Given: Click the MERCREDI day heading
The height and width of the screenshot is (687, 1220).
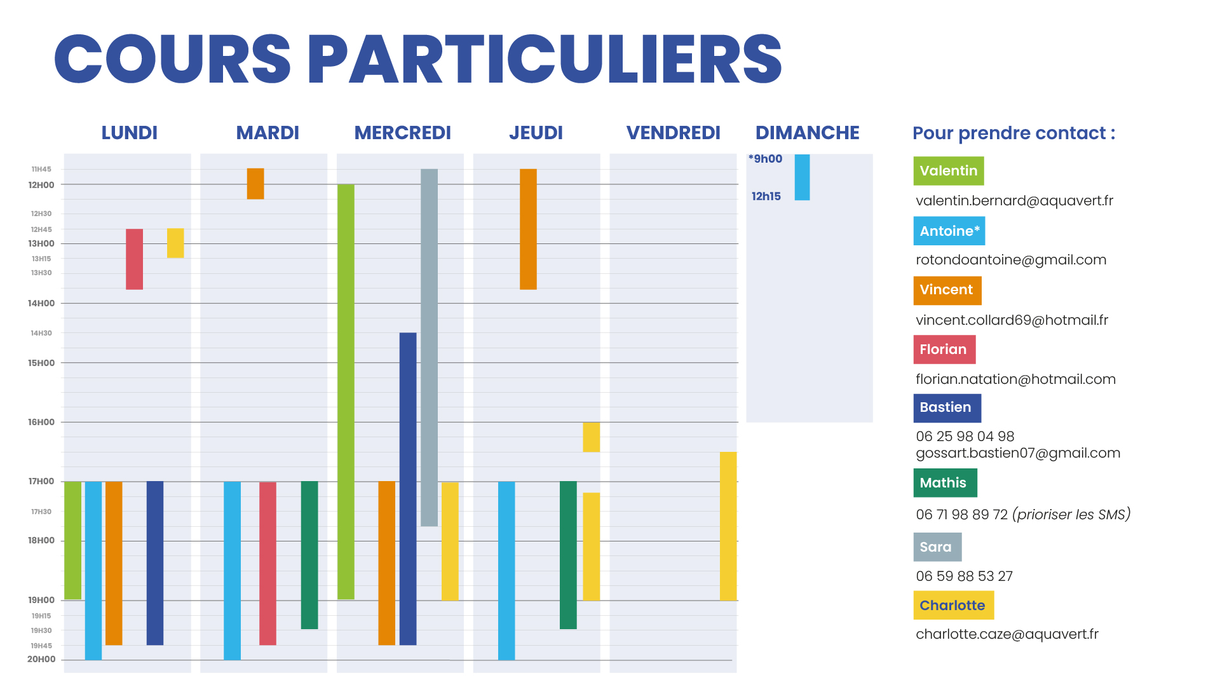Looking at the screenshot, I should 402,133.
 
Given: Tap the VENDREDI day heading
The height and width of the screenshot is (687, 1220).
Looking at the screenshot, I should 673,133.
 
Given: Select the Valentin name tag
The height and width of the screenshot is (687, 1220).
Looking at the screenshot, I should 948,171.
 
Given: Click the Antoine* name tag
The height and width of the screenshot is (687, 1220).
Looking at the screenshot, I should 949,231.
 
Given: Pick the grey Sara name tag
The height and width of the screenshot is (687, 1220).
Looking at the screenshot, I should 937,547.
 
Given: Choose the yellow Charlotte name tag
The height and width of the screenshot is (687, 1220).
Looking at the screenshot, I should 953,606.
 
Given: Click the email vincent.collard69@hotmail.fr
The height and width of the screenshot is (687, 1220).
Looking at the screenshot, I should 1012,320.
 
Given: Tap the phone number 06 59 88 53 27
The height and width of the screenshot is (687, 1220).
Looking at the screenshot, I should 964,576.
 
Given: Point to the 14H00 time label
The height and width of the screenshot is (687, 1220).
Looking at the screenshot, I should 41,304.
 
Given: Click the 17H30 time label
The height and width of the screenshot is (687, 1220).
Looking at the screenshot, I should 41,512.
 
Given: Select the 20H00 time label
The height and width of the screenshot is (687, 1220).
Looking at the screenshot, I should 41,660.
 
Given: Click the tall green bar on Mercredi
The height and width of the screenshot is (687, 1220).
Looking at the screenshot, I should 346,391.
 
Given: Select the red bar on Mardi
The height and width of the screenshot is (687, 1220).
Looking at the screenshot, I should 268,563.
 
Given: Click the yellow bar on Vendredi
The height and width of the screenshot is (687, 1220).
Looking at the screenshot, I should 728,526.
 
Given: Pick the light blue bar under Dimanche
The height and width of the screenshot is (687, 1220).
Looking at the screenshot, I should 802,177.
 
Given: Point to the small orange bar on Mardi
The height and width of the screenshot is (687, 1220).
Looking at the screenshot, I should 255,184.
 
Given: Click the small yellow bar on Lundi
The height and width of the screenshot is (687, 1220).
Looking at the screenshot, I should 175,243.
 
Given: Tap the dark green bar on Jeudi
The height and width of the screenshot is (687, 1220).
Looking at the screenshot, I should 568,555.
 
